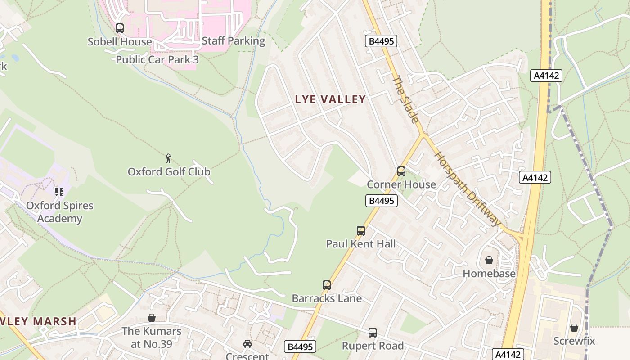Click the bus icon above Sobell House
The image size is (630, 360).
click(x=120, y=28)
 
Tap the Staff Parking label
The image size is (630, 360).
click(x=233, y=41)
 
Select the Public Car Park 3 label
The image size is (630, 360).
click(x=157, y=59)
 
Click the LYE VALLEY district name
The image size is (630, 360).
click(x=330, y=99)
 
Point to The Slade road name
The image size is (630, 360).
click(x=405, y=99)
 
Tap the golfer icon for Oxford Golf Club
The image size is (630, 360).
click(x=168, y=158)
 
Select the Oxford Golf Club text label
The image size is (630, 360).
click(x=169, y=172)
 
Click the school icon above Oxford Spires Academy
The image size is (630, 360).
click(x=59, y=192)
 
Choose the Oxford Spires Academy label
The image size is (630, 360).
click(x=60, y=212)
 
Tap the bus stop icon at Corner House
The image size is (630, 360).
click(x=401, y=171)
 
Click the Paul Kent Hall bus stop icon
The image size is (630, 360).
click(x=361, y=231)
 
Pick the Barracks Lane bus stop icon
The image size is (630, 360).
click(x=327, y=285)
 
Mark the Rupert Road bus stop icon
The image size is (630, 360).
click(x=373, y=333)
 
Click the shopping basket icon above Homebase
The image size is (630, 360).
click(x=489, y=260)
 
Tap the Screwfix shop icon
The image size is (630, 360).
click(x=574, y=327)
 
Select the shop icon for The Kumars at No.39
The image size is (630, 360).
click(x=152, y=318)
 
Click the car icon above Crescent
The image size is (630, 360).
click(x=247, y=344)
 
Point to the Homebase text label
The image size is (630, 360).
click(x=489, y=274)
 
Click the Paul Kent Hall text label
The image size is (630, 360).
click(x=361, y=244)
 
